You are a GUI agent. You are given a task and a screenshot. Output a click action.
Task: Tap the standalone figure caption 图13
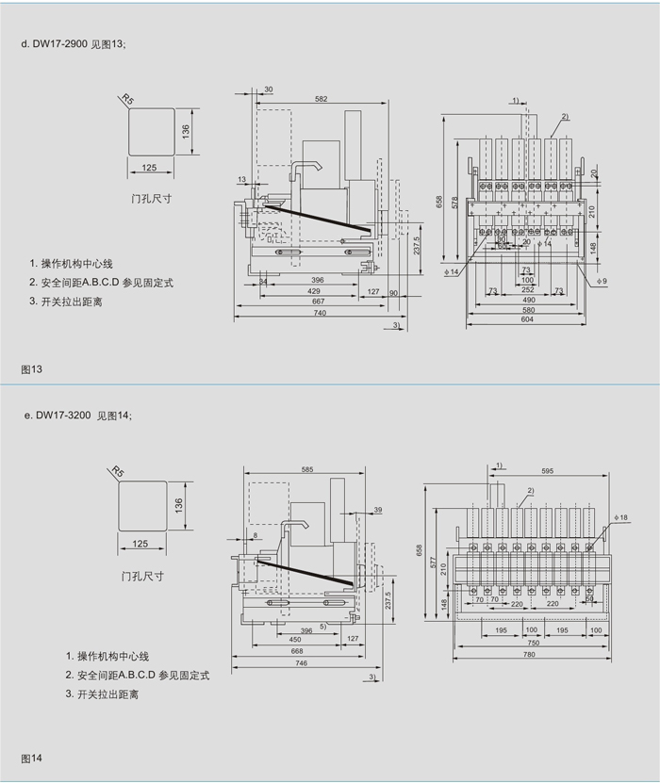coord(32,369)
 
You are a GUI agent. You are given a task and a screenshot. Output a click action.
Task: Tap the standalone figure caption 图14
coord(32,759)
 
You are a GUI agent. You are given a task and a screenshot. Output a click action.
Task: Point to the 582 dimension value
coord(322,97)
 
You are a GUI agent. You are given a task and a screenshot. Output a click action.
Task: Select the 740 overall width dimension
coord(320,313)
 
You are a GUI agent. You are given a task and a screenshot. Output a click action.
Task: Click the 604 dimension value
coord(527,320)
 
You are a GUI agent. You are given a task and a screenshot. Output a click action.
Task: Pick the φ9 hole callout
coord(601,281)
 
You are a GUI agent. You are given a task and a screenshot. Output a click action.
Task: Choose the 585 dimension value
coord(307,468)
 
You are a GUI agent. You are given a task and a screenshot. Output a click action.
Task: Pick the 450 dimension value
coord(296,638)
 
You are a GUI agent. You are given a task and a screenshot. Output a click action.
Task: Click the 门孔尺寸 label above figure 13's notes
coord(151,199)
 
